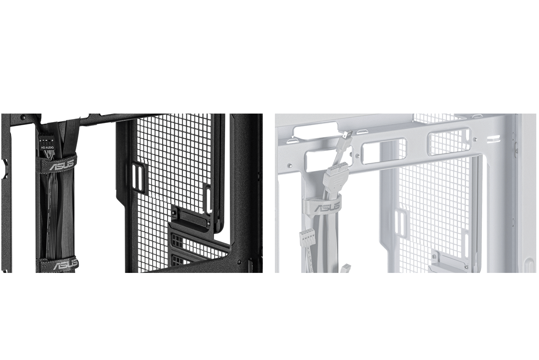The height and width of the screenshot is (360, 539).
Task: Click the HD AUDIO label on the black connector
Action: tap(48, 147)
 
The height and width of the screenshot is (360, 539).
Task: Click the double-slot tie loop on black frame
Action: tap(138, 178)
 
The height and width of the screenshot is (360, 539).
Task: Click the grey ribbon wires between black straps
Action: tap(52, 215)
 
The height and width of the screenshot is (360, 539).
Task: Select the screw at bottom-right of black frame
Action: tap(239, 262)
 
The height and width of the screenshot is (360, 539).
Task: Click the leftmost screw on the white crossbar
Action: tap(290, 166)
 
